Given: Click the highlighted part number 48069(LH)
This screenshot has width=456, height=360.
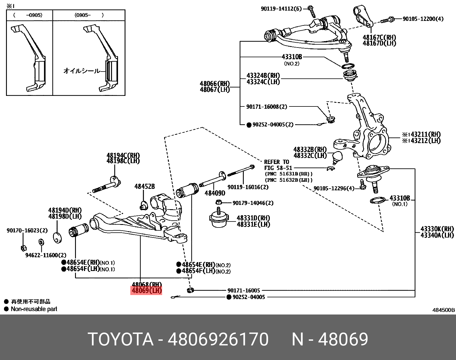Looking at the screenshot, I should pos(146,291).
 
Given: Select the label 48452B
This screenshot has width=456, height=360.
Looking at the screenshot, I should pos(145,187).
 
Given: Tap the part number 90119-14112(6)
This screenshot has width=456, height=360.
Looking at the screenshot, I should pos(281,9).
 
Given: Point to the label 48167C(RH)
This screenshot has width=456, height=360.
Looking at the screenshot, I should pos(379,37).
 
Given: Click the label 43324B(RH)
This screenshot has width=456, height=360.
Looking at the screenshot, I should pos(263,76).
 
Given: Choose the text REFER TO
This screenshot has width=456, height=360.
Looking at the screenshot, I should pos(276,162).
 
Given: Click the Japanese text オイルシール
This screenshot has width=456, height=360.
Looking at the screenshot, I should pos(82,71).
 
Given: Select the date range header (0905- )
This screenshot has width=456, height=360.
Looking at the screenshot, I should pos(89,15).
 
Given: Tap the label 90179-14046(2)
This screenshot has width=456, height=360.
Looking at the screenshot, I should pos(253,203).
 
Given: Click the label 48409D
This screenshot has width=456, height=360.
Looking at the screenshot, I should pos(215,193).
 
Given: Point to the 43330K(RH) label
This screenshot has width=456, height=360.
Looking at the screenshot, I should pos(437,229).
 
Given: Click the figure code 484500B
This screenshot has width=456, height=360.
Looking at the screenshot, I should pos(443,310).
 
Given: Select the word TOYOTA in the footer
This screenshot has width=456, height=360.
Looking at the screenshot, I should pos(121,339).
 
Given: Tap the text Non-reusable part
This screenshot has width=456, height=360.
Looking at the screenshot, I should pos(34,309).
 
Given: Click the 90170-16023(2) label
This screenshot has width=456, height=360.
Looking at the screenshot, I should pos(27,230).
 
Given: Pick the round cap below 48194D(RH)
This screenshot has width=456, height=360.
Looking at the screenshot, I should pos(58,238).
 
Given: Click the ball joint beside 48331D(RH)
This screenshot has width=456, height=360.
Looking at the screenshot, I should pos(219,219).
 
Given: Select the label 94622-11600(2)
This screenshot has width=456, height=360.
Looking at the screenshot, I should pos(46,255).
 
